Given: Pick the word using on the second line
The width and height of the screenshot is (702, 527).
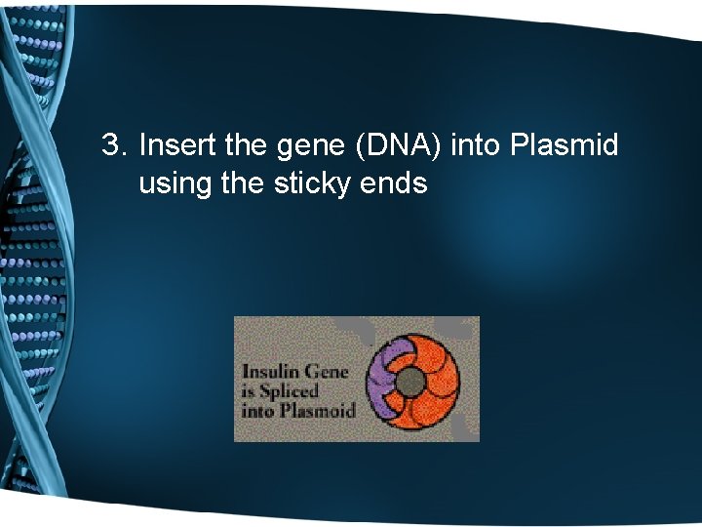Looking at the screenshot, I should (176, 182).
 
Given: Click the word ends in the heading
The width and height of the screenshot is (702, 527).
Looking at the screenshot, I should (396, 182).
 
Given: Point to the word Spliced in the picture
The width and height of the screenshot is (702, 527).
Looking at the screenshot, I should (292, 391).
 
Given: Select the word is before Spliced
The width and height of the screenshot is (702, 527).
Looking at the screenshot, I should (249, 390).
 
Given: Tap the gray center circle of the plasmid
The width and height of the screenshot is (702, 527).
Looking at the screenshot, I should (413, 380).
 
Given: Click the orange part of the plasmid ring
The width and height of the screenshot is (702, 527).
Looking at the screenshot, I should (448, 381).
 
